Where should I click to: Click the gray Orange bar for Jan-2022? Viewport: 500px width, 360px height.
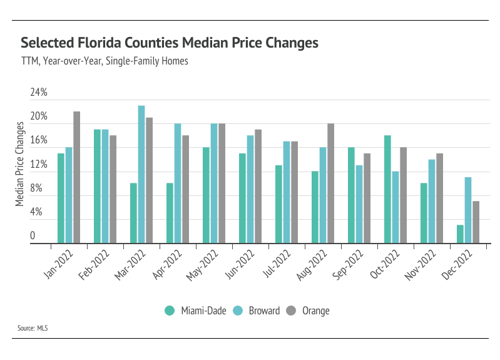click(77, 177)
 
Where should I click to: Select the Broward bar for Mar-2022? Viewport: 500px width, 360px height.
click(141, 174)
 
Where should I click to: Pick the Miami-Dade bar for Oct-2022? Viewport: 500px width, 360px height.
click(387, 189)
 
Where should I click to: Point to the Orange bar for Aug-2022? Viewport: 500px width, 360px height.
click(331, 183)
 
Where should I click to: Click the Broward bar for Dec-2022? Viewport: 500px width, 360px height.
click(468, 210)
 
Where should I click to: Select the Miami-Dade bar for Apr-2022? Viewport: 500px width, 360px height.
click(170, 213)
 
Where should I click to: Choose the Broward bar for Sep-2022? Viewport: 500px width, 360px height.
click(359, 204)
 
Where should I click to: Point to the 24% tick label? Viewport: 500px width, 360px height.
click(39, 93)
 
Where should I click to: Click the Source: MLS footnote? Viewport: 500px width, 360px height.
click(33, 327)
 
